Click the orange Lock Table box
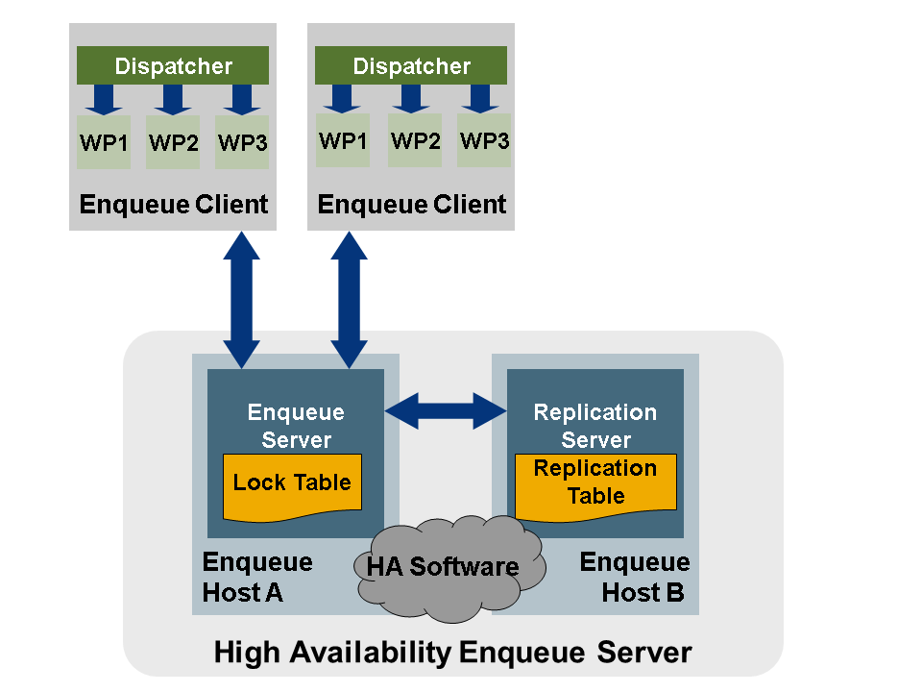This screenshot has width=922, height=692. [293, 483]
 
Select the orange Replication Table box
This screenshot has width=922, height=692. [595, 483]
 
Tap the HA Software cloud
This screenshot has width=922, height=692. [443, 566]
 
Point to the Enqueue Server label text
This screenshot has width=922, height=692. [296, 426]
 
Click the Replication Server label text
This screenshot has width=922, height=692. [595, 426]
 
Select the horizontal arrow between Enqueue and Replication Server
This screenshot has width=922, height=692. [446, 411]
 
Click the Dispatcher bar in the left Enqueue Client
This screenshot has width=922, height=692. [173, 66]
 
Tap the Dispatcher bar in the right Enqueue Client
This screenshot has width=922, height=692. [412, 66]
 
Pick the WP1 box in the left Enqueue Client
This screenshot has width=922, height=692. [104, 142]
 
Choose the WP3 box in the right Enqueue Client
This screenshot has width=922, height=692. [484, 140]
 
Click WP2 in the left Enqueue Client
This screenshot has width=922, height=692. [173, 142]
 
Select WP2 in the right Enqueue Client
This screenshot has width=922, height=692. [415, 140]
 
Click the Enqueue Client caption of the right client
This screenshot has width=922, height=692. [412, 205]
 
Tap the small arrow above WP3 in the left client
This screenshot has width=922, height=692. [242, 99]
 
